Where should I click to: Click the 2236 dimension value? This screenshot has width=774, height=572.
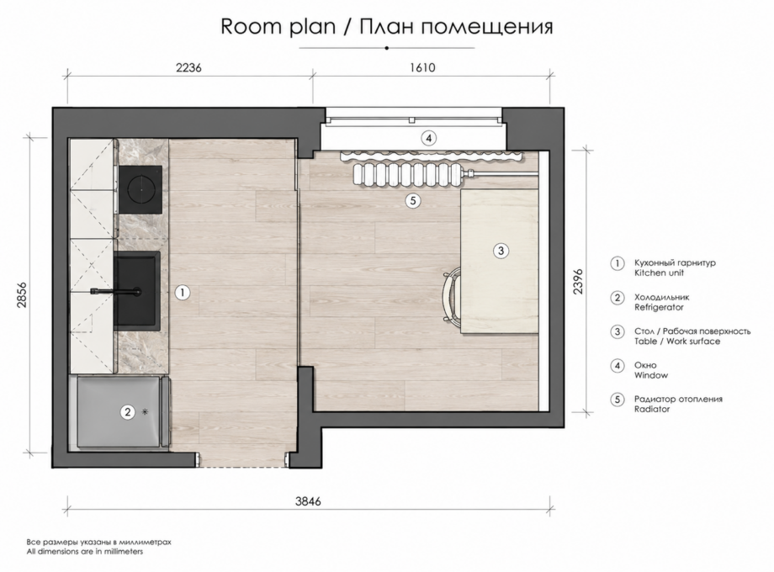188,67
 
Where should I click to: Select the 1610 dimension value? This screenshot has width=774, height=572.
422,67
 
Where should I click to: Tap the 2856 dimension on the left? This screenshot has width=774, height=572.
22,295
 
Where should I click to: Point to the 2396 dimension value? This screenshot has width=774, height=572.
578,281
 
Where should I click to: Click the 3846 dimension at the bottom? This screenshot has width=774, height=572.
308,501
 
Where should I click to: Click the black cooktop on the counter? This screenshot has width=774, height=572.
140,189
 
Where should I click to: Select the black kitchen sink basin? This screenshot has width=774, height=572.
138,290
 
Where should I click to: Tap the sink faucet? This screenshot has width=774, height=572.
116,292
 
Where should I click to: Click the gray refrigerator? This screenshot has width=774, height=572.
123,412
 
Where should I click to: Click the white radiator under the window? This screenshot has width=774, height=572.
408,174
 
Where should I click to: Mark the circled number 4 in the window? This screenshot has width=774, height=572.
428,138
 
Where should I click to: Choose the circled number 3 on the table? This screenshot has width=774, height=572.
501,251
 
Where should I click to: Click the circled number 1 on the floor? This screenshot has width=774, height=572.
183,293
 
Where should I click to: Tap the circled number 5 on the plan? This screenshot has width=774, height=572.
413,200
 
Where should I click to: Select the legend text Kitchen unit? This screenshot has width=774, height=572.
659,273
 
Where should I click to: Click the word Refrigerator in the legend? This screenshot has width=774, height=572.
659,307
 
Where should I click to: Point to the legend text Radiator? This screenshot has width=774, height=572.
652,409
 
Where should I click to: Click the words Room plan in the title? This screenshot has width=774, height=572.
278,27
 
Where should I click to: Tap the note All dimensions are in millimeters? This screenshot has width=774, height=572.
85,552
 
